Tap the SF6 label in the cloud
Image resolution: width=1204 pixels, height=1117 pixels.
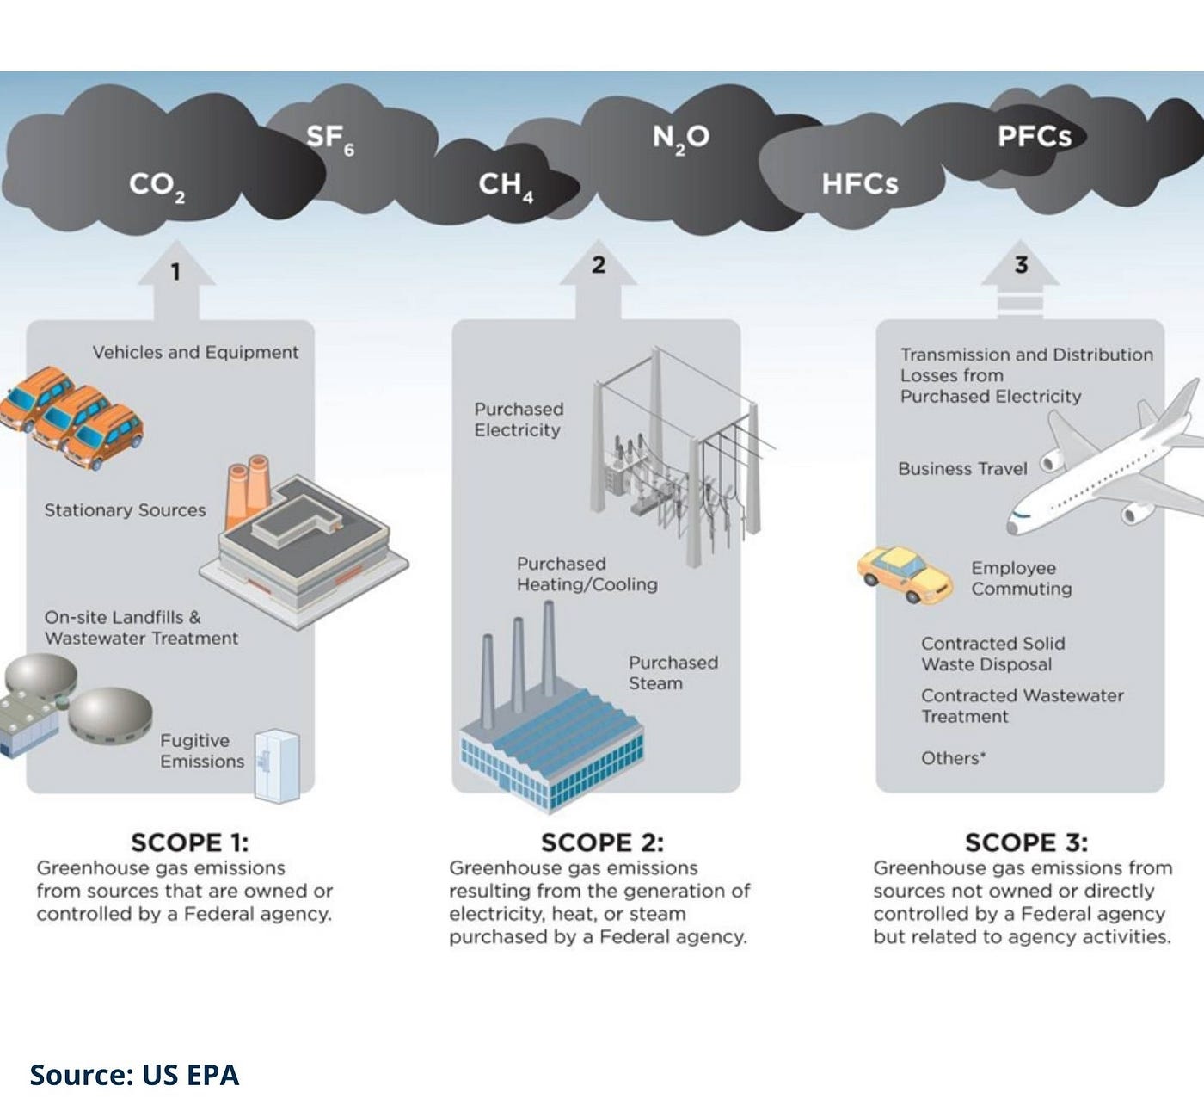tap(329, 138)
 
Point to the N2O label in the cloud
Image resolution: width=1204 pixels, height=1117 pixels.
tap(680, 138)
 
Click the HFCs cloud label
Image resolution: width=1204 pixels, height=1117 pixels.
tap(859, 183)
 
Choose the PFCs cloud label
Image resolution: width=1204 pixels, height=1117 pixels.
tap(1034, 137)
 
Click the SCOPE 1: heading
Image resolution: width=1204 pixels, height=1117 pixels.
tap(189, 842)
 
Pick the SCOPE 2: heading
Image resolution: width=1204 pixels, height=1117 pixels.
tap(602, 842)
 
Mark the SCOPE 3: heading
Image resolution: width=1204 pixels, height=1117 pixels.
tap(1025, 842)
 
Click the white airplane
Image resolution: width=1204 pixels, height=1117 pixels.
tap(1109, 469)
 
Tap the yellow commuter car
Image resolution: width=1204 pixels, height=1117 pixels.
tap(904, 574)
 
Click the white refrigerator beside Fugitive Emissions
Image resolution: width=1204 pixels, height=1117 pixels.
tap(277, 765)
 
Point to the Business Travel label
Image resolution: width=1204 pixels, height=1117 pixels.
tap(961, 469)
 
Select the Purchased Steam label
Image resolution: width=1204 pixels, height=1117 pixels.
tap(673, 673)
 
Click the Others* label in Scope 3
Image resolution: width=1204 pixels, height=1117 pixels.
tap(953, 758)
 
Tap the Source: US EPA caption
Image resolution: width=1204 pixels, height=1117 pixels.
tap(134, 1075)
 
